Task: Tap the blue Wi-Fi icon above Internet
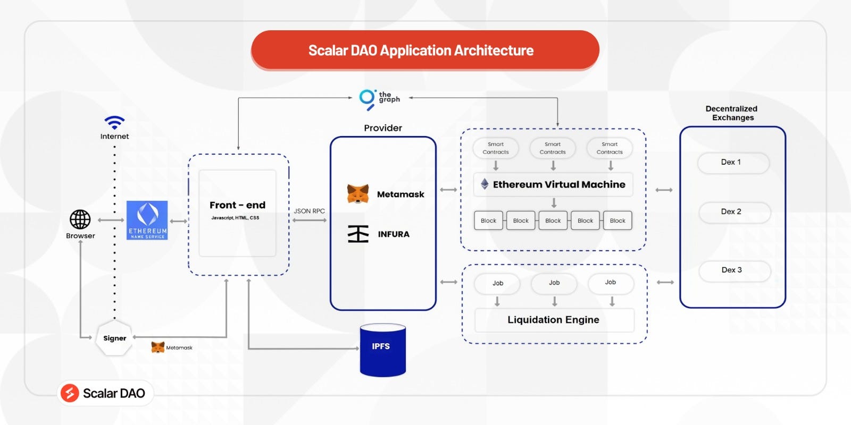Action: click(x=114, y=123)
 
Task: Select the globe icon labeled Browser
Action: click(x=80, y=219)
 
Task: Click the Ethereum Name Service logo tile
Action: click(x=147, y=220)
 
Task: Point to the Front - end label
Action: click(x=237, y=205)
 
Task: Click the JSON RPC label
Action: click(x=309, y=211)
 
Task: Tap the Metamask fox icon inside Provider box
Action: click(x=358, y=194)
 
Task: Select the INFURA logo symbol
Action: click(x=358, y=234)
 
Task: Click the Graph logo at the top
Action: click(x=368, y=98)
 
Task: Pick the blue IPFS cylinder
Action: click(x=382, y=350)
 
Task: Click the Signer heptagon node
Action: click(x=114, y=338)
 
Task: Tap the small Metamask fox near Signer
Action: click(x=158, y=347)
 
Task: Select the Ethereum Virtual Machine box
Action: click(x=553, y=184)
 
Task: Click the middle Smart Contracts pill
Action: click(x=553, y=148)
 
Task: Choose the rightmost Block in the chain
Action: click(x=618, y=220)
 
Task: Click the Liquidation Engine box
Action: click(x=554, y=320)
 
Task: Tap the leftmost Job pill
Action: click(x=497, y=283)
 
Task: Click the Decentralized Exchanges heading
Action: click(x=732, y=113)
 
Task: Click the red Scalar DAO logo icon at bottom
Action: click(x=70, y=393)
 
